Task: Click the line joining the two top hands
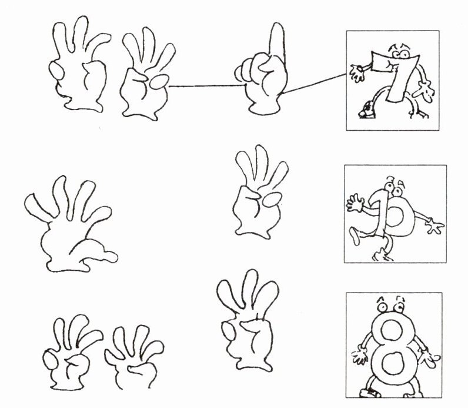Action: [207, 86]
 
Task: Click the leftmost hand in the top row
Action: [79, 64]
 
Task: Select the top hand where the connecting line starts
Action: [146, 75]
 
